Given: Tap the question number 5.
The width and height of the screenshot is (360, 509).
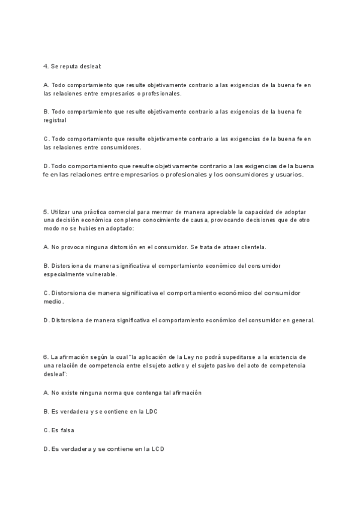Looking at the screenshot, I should [46, 212].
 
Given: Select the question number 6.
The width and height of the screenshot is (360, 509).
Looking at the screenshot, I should [46, 357].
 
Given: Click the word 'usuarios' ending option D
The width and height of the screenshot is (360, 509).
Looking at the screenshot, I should [290, 175].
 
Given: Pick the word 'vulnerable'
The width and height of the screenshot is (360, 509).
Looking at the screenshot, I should [100, 274].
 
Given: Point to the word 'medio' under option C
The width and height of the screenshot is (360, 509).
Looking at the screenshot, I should [53, 301].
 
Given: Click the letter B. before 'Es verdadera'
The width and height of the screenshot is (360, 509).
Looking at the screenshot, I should [46, 411].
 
